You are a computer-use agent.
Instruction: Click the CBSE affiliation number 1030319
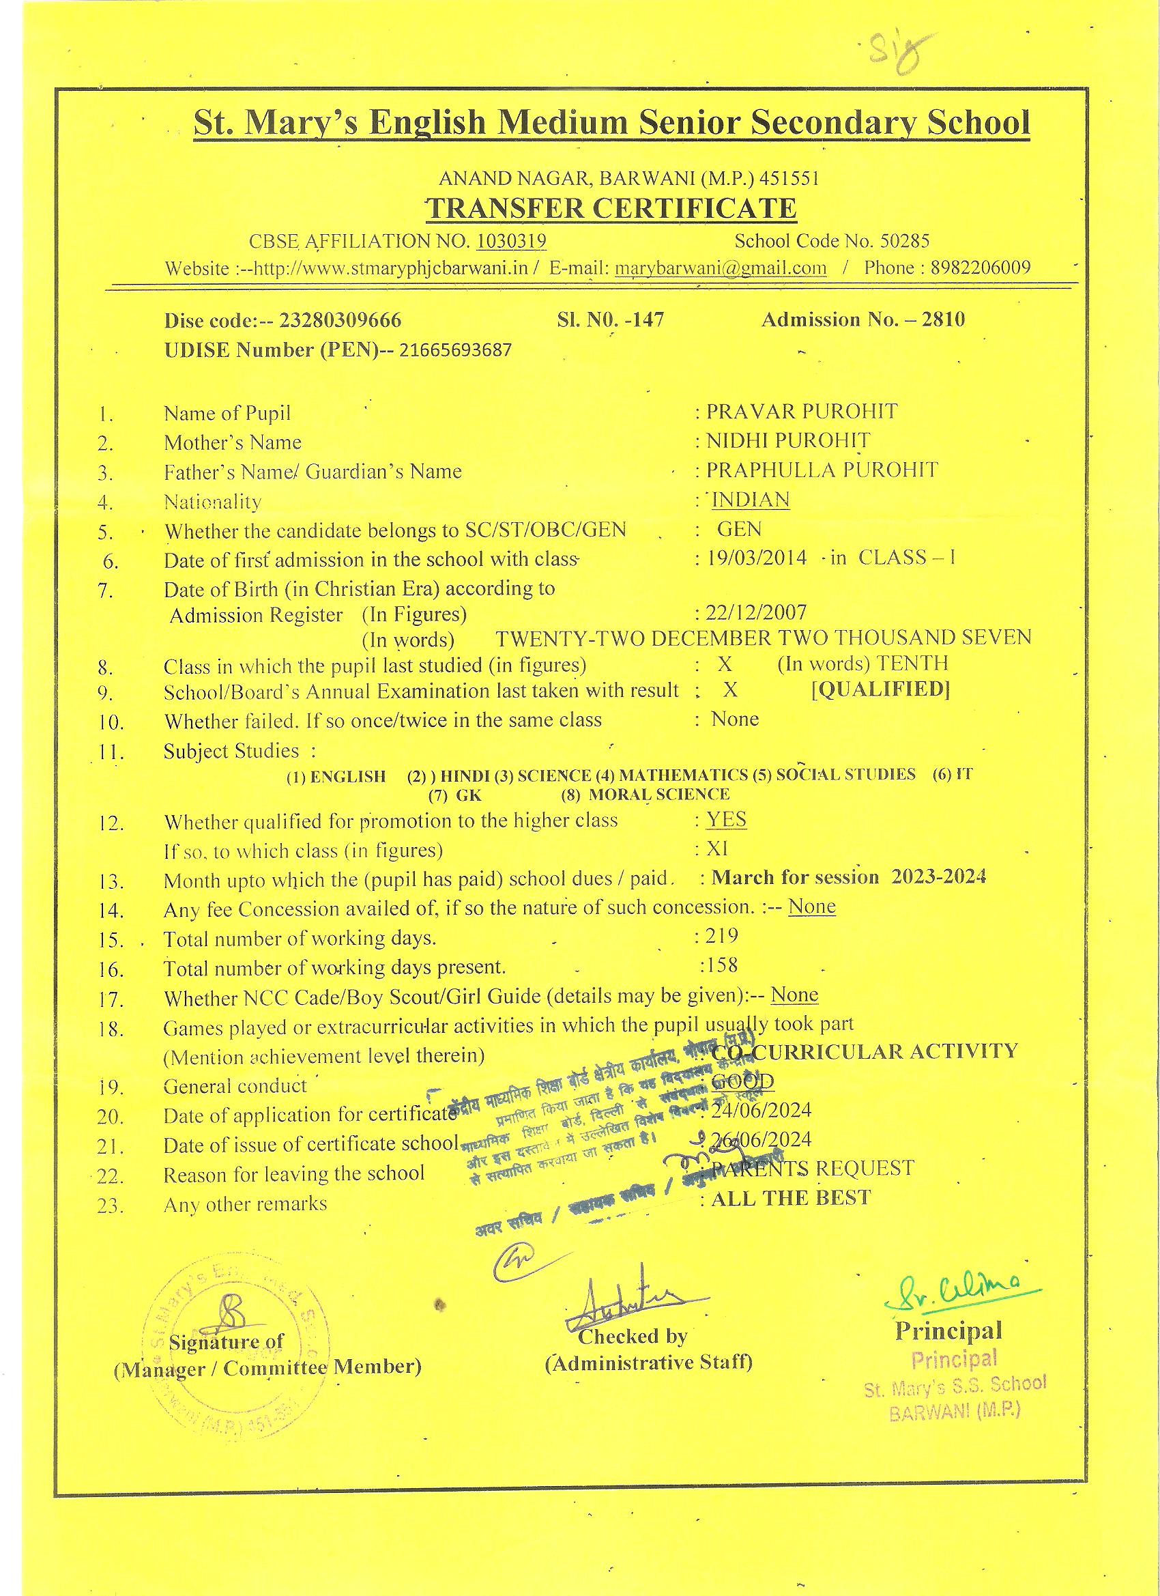[x=511, y=242]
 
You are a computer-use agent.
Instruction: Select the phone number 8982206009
[x=981, y=268]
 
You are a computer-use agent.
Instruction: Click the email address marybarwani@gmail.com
[x=721, y=268]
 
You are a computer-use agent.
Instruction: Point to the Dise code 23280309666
[x=340, y=321]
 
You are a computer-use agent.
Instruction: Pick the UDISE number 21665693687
[x=455, y=350]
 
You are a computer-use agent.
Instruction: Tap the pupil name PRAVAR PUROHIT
[x=802, y=412]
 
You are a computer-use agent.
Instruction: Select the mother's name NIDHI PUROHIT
[x=788, y=441]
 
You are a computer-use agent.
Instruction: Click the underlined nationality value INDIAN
[x=751, y=500]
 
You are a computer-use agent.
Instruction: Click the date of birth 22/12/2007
[x=756, y=612]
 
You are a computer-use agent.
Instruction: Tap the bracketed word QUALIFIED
[x=880, y=689]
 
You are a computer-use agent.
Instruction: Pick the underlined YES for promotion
[x=727, y=820]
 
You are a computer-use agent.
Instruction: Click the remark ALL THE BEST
[x=791, y=1199]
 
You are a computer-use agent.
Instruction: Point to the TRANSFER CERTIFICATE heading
[x=611, y=209]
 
